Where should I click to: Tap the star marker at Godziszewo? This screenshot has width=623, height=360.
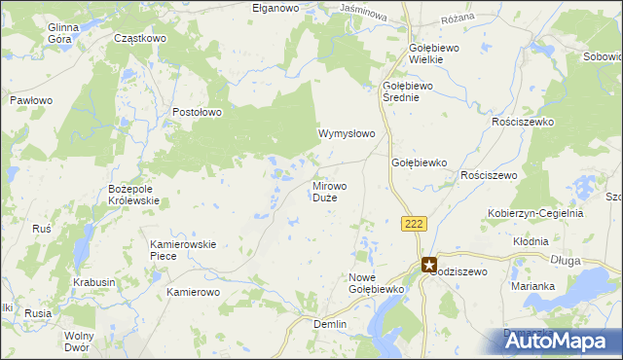[x=429, y=264]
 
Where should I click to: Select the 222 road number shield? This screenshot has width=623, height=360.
[x=414, y=224]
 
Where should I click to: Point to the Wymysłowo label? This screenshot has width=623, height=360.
[x=347, y=133]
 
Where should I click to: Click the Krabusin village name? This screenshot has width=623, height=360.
[x=93, y=282]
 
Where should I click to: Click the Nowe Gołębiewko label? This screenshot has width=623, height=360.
[x=376, y=283]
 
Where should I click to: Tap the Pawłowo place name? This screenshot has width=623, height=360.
[x=30, y=100]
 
